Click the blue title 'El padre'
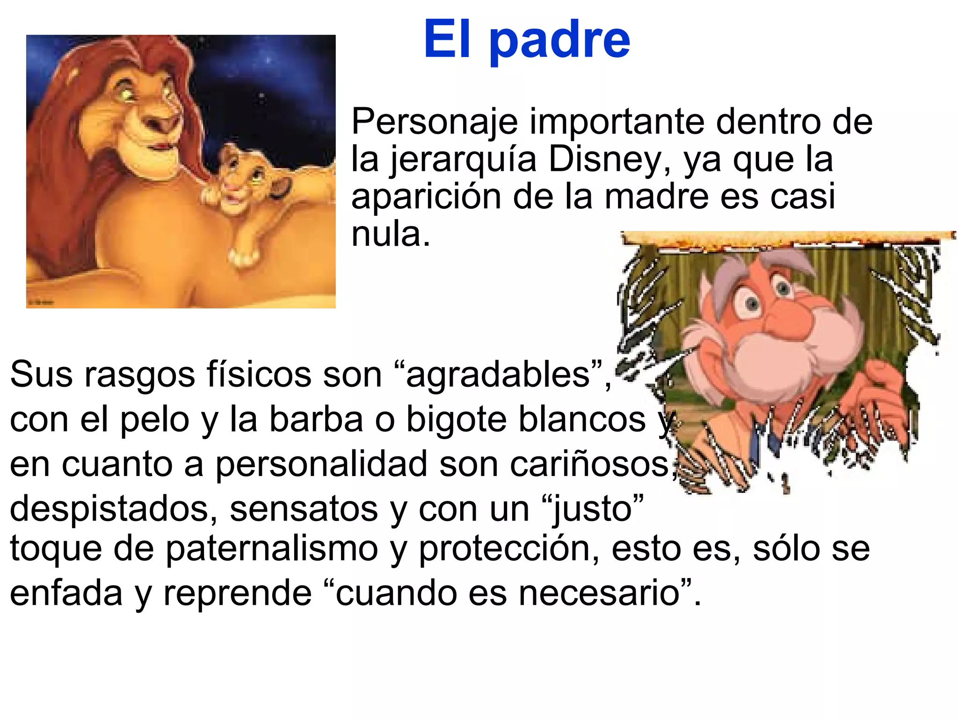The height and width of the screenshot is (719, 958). point(527,40)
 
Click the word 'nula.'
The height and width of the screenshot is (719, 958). point(390,234)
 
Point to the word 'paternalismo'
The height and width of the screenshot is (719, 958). point(272,548)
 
